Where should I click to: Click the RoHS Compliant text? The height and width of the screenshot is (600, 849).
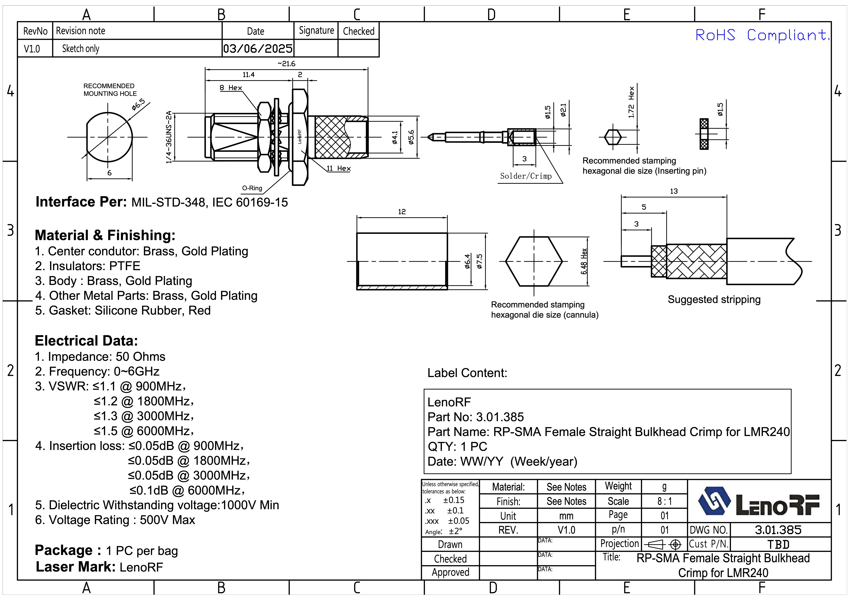762,35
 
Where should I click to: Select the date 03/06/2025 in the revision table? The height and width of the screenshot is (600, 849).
258,49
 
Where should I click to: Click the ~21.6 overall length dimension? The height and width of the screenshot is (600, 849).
287,64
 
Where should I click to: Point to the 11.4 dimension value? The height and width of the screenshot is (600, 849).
248,75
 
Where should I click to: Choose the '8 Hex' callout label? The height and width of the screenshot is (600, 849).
231,88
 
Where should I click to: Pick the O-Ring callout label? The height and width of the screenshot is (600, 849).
252,188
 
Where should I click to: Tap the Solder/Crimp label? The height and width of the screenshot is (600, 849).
526,176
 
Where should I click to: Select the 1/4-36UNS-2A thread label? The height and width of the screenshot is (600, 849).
169,137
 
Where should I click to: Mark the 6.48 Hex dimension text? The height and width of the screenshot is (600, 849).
584,261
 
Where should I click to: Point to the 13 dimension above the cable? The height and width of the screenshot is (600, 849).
674,191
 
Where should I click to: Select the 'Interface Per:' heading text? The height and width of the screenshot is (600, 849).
81,202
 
